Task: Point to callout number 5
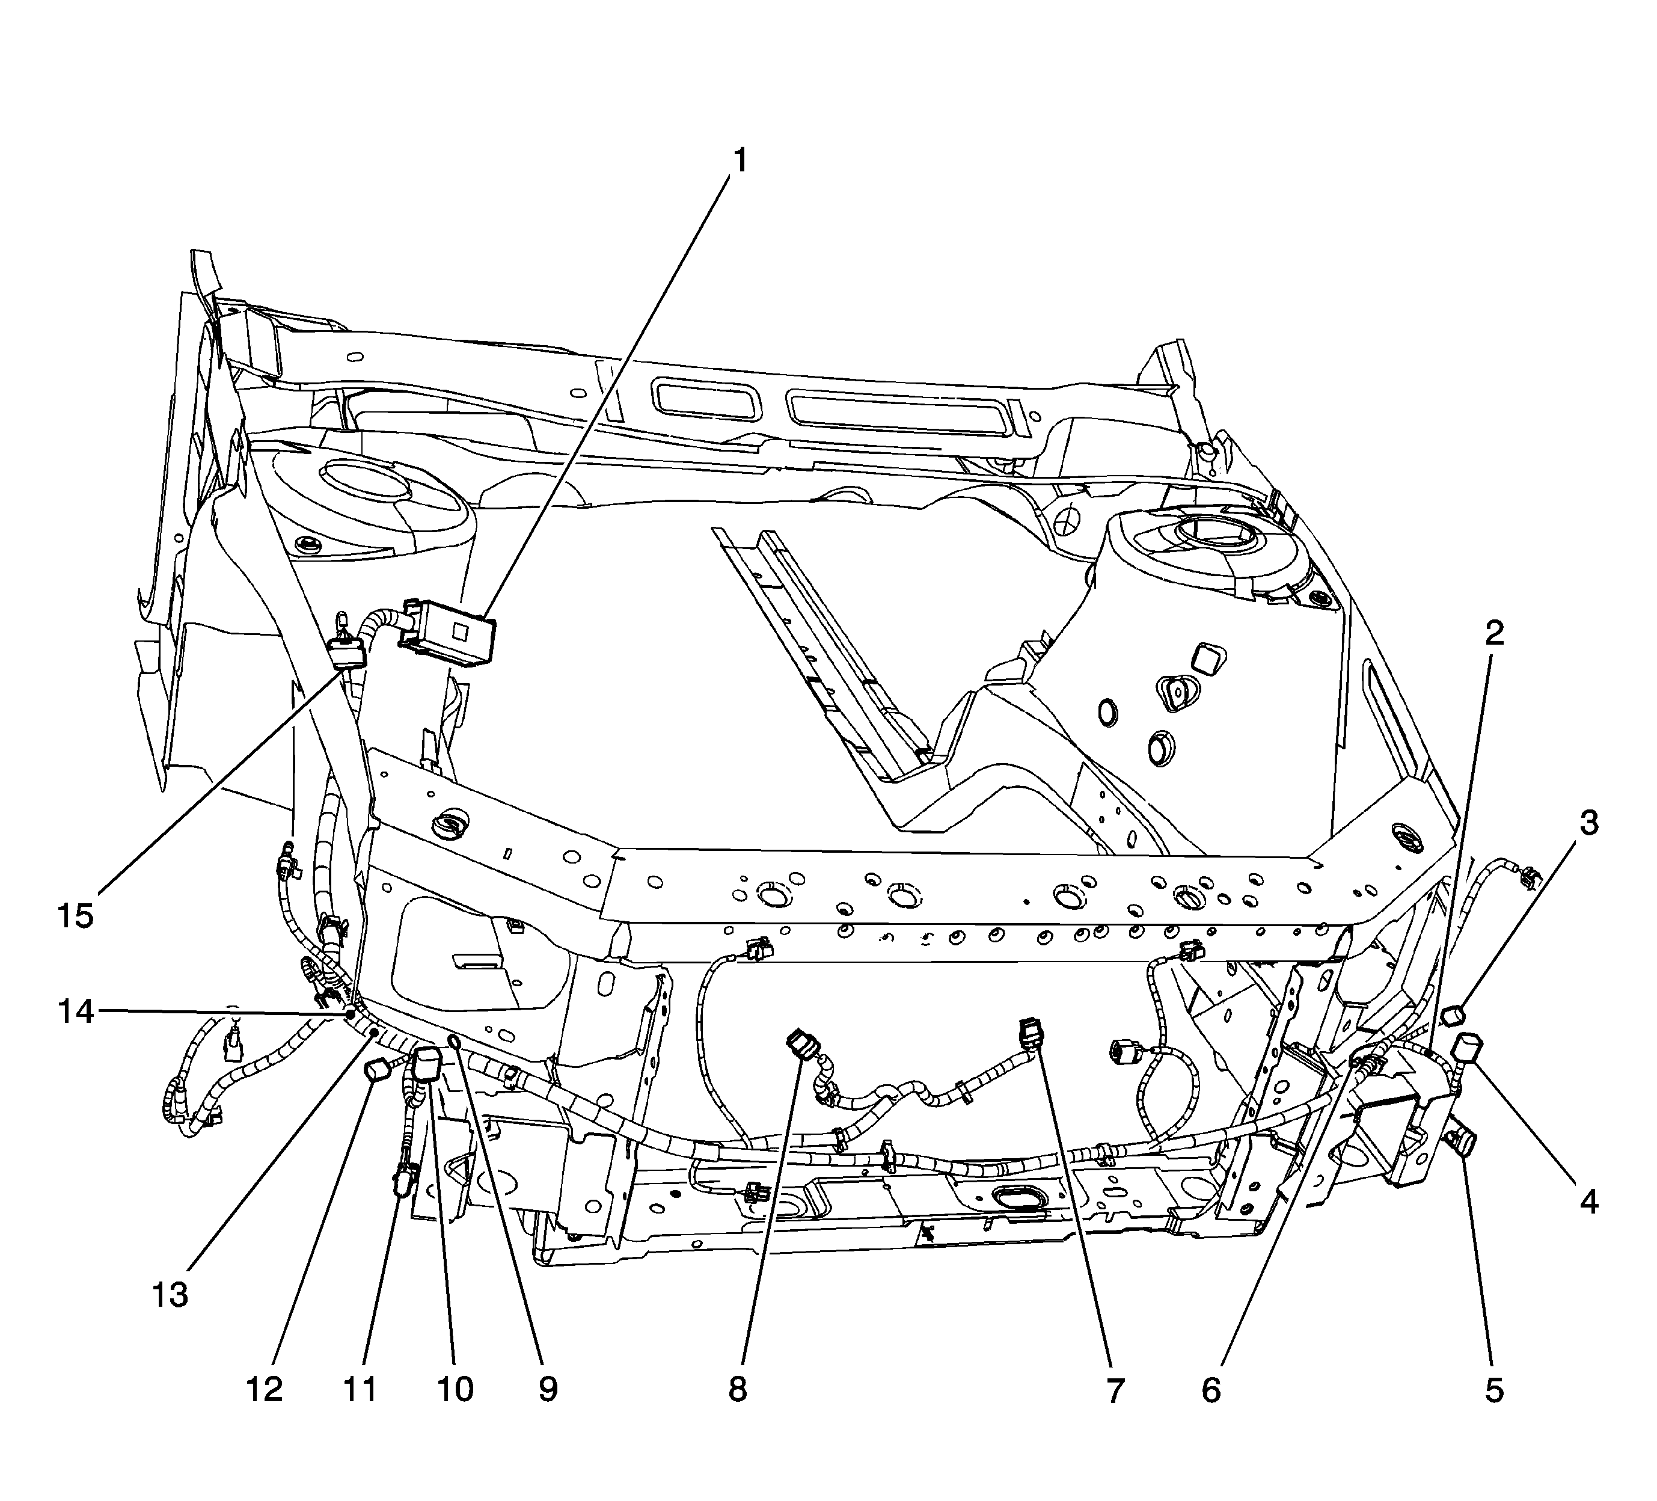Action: tap(1493, 1391)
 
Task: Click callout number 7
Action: tap(1115, 1391)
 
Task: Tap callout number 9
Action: tap(548, 1391)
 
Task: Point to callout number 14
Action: tap(76, 1012)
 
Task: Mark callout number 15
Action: tap(76, 915)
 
